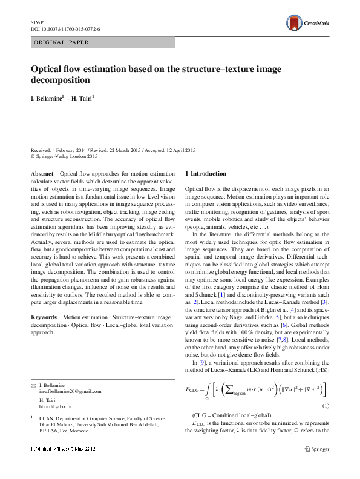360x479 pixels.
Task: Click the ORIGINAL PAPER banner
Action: click(61, 42)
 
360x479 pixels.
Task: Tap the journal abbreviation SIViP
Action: click(37, 21)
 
